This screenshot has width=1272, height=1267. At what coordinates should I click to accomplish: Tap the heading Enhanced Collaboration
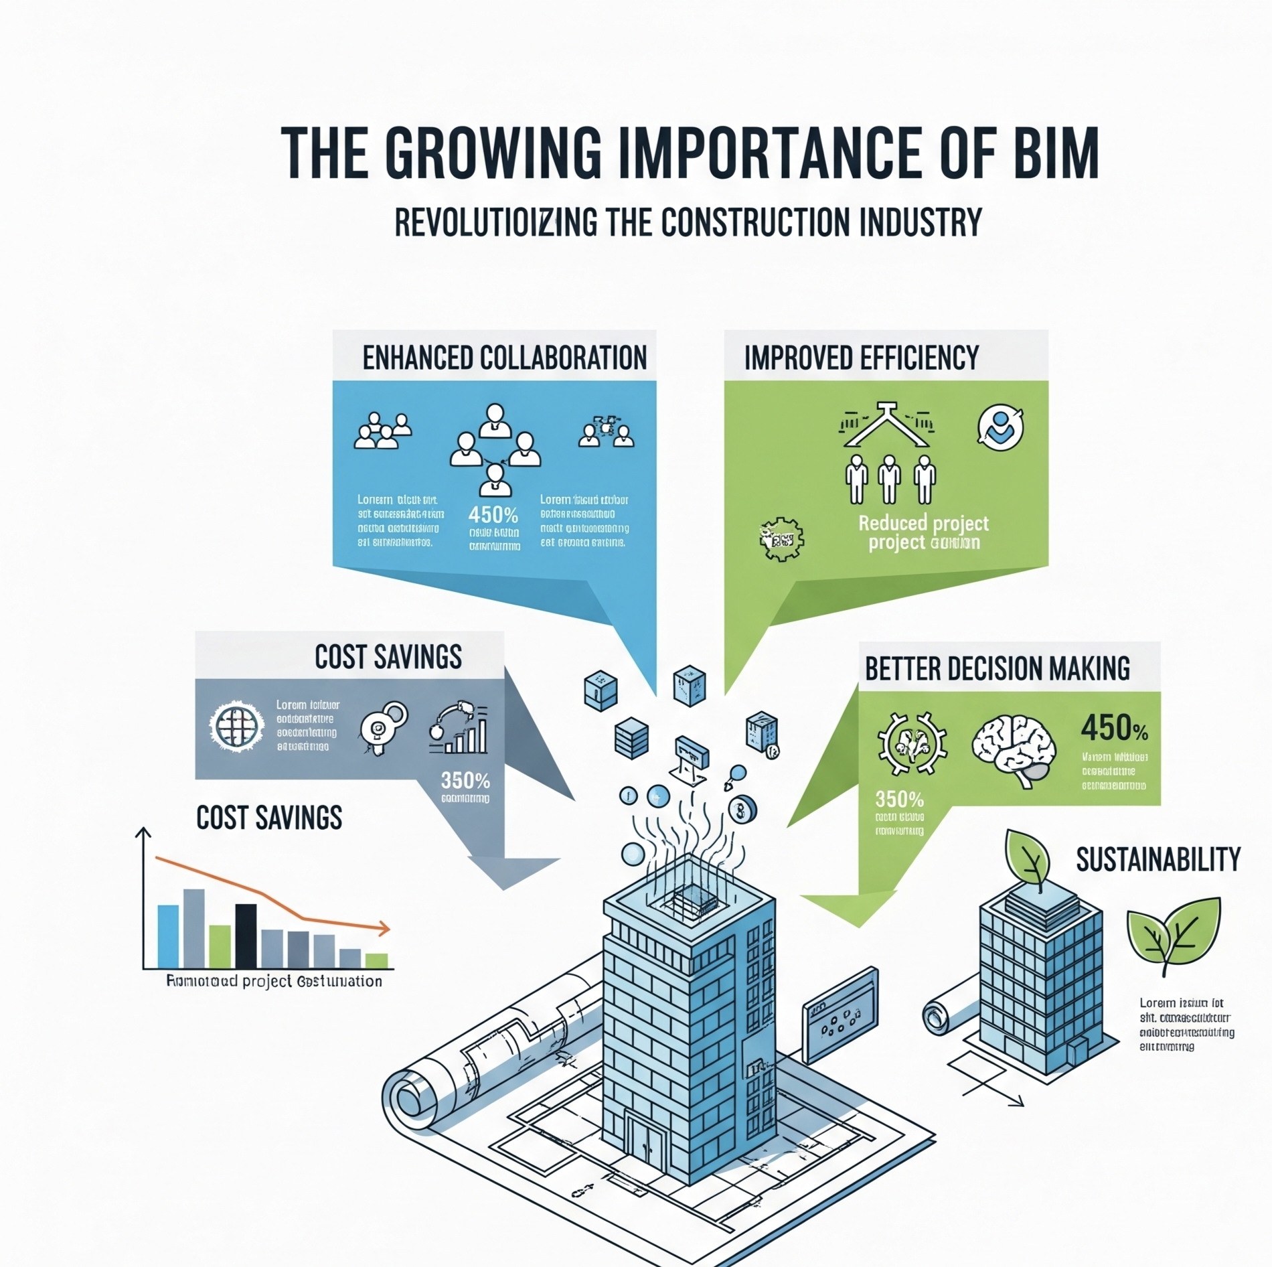pos(504,358)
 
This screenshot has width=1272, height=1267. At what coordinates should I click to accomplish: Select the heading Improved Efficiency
pos(861,358)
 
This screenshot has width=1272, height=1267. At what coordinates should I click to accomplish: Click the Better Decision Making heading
pos(997,668)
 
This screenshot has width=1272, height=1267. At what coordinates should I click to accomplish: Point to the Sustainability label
pos(1158,859)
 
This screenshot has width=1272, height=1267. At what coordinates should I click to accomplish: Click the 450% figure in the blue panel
pos(493,515)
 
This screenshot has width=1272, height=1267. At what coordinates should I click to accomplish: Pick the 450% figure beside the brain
pos(1113,728)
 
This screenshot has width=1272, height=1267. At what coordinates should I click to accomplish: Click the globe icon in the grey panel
pos(236,727)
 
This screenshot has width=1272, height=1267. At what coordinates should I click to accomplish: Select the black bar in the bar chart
pos(246,936)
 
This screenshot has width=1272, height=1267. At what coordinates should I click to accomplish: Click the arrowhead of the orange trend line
pos(384,928)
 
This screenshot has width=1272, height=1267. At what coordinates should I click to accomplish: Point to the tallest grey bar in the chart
pos(194,928)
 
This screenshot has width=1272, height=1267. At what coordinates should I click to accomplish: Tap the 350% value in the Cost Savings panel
pos(465,781)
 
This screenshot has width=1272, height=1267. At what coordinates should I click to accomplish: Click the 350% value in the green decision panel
pos(899,800)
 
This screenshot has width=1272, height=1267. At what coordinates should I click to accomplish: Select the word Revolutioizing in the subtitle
pos(495,223)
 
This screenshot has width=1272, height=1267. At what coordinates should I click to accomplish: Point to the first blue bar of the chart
pos(168,936)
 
